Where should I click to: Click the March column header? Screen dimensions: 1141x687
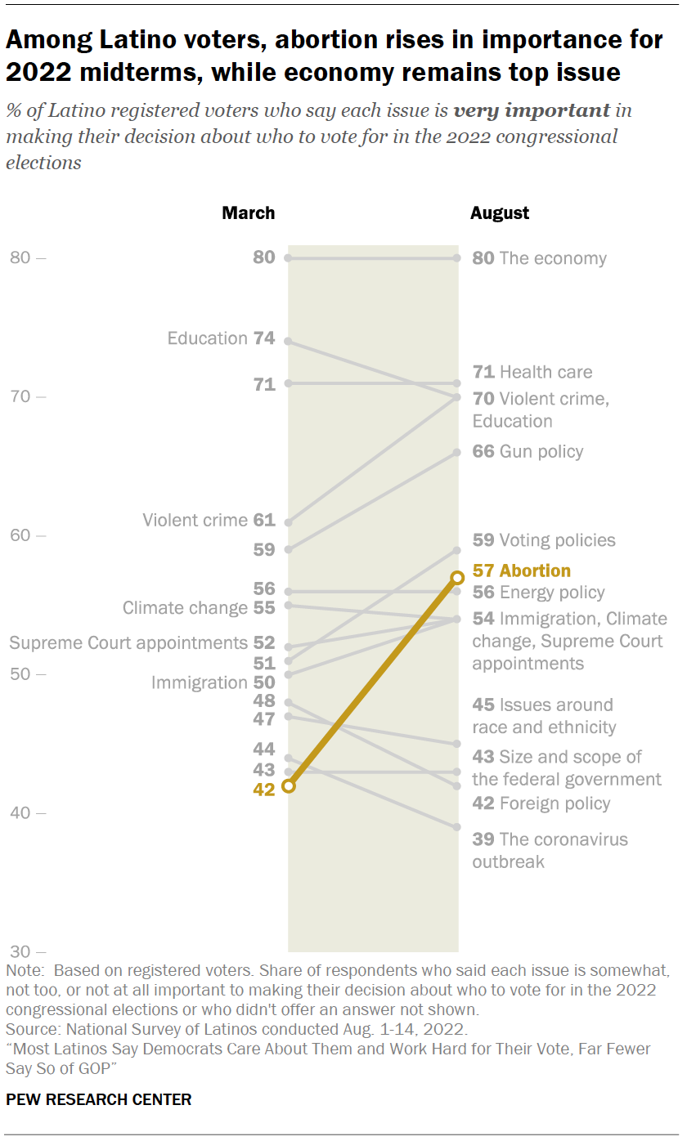(x=249, y=213)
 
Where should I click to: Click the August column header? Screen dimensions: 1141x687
(x=500, y=213)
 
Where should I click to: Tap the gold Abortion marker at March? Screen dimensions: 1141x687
(x=288, y=785)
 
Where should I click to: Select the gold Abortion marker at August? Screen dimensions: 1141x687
(x=458, y=578)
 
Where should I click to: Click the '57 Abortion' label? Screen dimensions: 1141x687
(x=522, y=570)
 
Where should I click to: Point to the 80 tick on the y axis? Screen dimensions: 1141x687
(x=28, y=258)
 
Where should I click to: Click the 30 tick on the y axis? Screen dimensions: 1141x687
(x=28, y=951)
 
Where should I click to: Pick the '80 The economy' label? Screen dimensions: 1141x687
(x=540, y=258)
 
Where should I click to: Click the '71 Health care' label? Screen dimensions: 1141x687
(x=532, y=372)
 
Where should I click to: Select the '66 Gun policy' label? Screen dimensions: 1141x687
(x=528, y=451)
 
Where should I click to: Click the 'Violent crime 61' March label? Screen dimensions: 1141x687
(x=209, y=520)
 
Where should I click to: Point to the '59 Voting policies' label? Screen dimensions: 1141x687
(x=544, y=540)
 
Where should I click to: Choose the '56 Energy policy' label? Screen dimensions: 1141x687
(x=539, y=593)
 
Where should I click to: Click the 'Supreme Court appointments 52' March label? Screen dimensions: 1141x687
(x=142, y=643)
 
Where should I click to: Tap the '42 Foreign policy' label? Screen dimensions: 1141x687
(x=541, y=803)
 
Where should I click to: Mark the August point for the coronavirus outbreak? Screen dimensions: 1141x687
(x=458, y=827)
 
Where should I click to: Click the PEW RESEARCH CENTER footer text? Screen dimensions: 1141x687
(x=99, y=1099)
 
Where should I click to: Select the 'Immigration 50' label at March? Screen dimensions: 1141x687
(x=213, y=682)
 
